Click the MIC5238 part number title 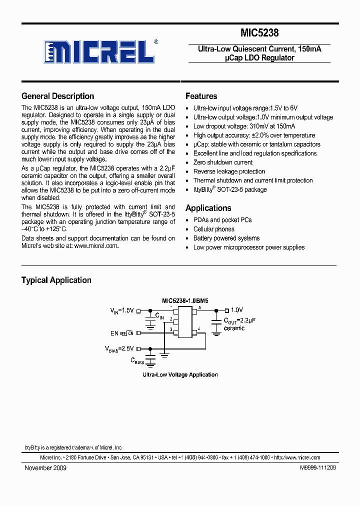tap(259, 33)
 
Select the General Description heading tap(57, 96)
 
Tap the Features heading tap(201, 96)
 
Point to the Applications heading tap(208, 208)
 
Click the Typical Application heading tap(56, 280)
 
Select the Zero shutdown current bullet tap(222, 162)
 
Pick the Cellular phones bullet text tap(213, 229)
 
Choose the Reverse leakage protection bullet tap(229, 171)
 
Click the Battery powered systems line tap(226, 238)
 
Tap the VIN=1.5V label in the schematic tap(122, 310)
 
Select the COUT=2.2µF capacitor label tap(239, 320)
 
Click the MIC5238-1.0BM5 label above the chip tap(184, 300)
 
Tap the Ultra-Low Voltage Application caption tap(180, 374)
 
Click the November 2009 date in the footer tap(45, 468)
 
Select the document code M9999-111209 tap(318, 468)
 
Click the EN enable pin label tap(114, 332)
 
